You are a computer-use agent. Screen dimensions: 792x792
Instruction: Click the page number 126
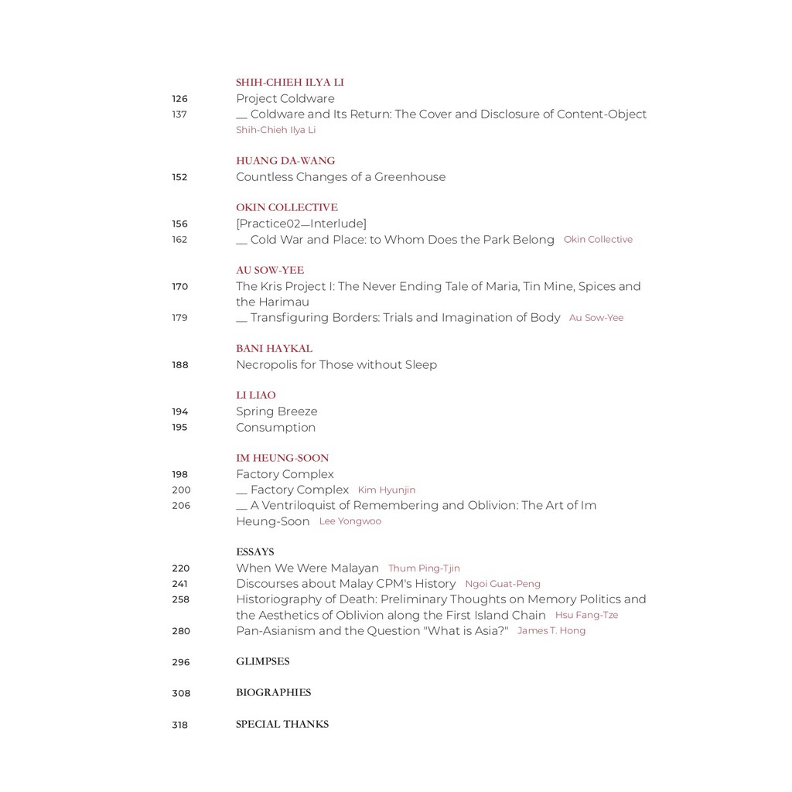pyautogui.click(x=179, y=99)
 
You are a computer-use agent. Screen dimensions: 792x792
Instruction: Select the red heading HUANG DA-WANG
pyautogui.click(x=285, y=161)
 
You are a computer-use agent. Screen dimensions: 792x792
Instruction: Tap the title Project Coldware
pyautogui.click(x=285, y=99)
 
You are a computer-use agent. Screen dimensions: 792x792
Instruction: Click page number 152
pyautogui.click(x=179, y=177)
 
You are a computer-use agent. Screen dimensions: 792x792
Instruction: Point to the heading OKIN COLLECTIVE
pyautogui.click(x=287, y=207)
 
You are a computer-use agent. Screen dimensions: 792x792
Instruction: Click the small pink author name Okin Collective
pyautogui.click(x=598, y=240)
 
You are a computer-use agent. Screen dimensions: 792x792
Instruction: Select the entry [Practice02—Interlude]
pyautogui.click(x=301, y=224)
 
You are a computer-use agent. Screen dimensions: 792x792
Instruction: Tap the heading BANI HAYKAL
pyautogui.click(x=274, y=349)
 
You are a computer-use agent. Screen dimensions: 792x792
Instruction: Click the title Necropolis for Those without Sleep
pyautogui.click(x=336, y=365)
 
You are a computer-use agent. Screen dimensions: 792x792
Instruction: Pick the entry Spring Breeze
pyautogui.click(x=276, y=411)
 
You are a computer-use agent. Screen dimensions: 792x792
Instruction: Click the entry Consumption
pyautogui.click(x=275, y=428)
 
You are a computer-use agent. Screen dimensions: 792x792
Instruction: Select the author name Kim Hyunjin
pyautogui.click(x=386, y=490)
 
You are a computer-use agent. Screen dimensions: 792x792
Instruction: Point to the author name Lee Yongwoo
pyautogui.click(x=350, y=521)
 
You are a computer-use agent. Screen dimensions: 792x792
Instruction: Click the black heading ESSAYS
pyautogui.click(x=254, y=552)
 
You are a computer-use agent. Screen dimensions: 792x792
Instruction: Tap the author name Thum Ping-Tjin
pyautogui.click(x=424, y=568)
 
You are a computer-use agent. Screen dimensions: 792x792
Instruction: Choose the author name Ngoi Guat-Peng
pyautogui.click(x=503, y=584)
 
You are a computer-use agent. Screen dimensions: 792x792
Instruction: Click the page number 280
pyautogui.click(x=181, y=631)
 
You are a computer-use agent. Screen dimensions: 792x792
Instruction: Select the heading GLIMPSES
pyautogui.click(x=262, y=662)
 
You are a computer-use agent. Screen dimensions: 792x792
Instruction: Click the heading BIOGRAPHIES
pyautogui.click(x=273, y=693)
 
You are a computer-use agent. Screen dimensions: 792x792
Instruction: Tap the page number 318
pyautogui.click(x=180, y=725)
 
